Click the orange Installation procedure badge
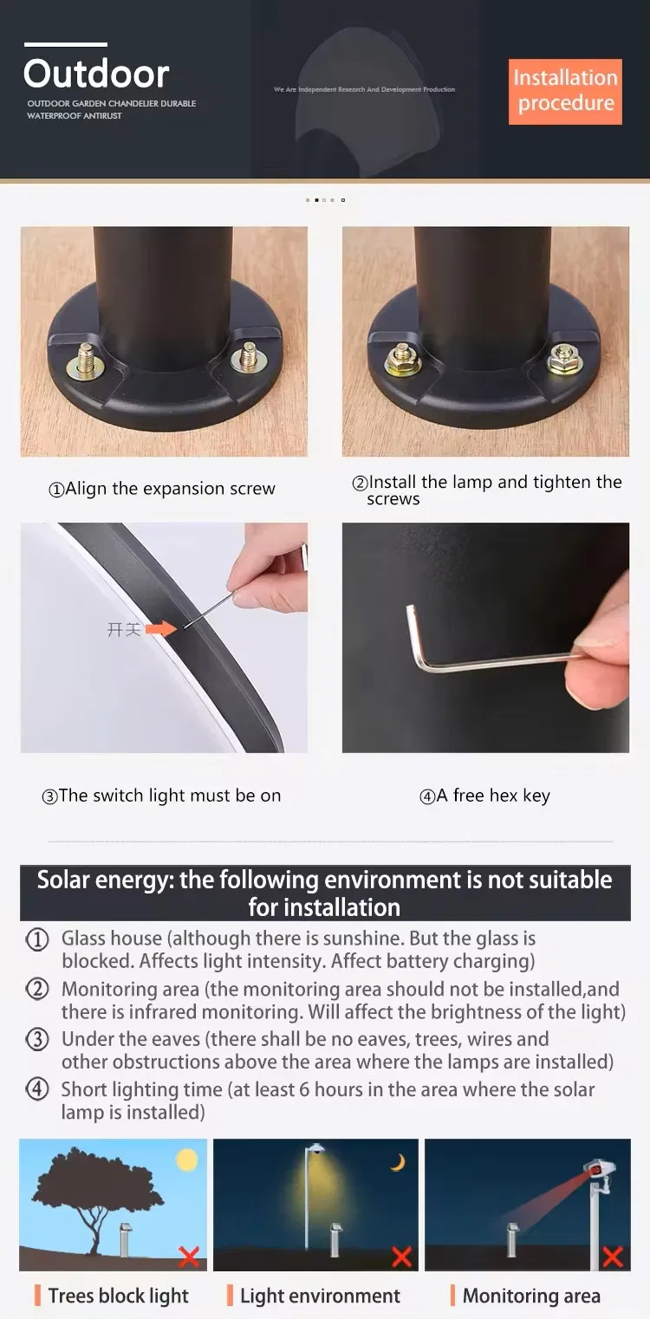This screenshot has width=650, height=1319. [x=565, y=91]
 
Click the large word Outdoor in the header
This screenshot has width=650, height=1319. [x=96, y=74]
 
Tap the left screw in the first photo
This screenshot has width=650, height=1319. [x=86, y=358]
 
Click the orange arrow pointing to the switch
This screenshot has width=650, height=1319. [x=159, y=628]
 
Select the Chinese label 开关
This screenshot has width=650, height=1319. [x=123, y=629]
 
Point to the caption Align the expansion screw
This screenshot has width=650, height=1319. [x=162, y=489]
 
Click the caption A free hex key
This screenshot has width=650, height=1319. [x=485, y=796]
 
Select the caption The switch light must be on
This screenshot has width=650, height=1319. [x=162, y=796]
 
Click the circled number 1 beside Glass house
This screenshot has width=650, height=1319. [x=37, y=939]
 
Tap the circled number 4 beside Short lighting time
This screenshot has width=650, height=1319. [x=37, y=1090]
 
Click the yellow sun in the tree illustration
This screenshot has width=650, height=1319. [x=187, y=1160]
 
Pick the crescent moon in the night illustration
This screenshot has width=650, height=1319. [x=398, y=1163]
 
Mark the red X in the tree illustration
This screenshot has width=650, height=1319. [x=188, y=1257]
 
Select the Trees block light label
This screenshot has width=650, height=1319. [x=118, y=1296]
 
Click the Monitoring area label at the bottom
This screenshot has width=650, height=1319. [x=530, y=1296]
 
